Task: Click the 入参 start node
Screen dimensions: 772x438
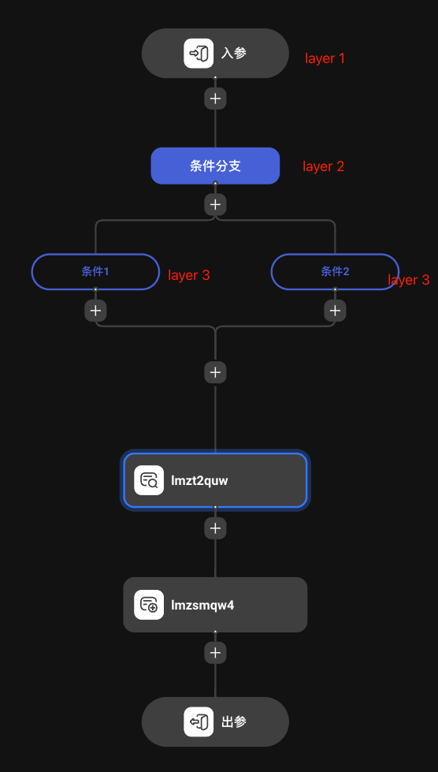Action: pyautogui.click(x=215, y=54)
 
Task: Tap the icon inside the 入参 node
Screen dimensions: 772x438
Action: pyautogui.click(x=199, y=54)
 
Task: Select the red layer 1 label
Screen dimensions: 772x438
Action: pyautogui.click(x=325, y=58)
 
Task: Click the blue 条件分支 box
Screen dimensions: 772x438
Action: pyautogui.click(x=215, y=166)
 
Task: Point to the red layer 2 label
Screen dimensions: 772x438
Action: pyautogui.click(x=323, y=167)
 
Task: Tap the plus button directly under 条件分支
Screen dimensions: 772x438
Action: pyautogui.click(x=215, y=204)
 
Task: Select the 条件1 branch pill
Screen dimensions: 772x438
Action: pyautogui.click(x=95, y=271)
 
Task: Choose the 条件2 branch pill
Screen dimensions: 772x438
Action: pyautogui.click(x=335, y=271)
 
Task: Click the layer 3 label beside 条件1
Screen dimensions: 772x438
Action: pyautogui.click(x=188, y=275)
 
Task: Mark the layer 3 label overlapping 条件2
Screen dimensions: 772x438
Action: pyautogui.click(x=409, y=280)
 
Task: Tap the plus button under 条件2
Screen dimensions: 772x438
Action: pyautogui.click(x=335, y=311)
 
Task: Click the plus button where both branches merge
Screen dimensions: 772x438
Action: pyautogui.click(x=215, y=372)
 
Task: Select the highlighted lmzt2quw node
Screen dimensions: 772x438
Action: pyautogui.click(x=215, y=480)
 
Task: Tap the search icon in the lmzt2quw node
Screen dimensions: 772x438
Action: pyautogui.click(x=149, y=480)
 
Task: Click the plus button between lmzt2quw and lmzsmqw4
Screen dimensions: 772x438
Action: pyautogui.click(x=215, y=528)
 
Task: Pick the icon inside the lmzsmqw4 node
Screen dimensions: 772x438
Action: pyautogui.click(x=149, y=605)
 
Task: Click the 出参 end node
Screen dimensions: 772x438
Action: pyautogui.click(x=215, y=722)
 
